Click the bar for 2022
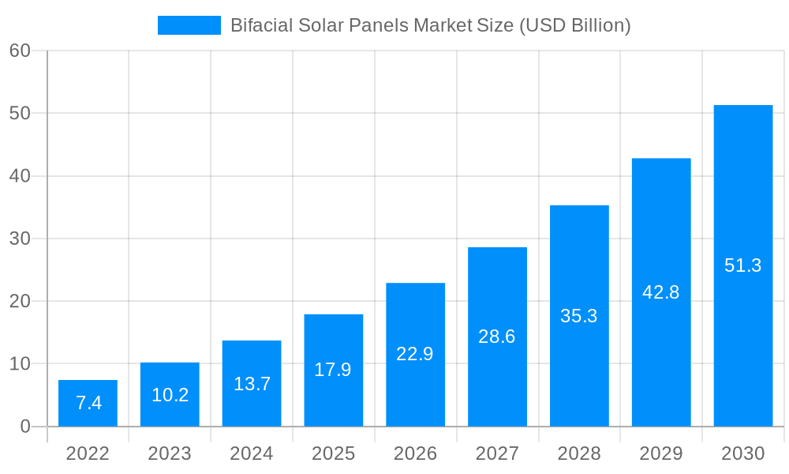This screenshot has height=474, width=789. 88,403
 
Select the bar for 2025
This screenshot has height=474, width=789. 333,370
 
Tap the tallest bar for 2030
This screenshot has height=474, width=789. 742,265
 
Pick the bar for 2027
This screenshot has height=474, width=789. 497,337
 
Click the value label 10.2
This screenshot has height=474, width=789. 170,395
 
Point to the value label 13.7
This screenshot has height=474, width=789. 252,384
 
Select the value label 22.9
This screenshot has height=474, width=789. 415,354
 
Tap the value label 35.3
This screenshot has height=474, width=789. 578,316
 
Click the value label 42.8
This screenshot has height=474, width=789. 660,292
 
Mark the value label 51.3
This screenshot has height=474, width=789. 742,265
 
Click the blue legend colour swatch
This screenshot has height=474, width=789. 189,25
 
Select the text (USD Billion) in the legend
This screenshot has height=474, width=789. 574,25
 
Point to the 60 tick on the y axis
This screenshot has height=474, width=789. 20,51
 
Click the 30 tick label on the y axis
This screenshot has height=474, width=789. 20,239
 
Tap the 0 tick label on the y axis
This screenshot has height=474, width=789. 24,427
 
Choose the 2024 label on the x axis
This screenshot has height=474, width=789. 252,453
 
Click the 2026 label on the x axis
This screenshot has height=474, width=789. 415,453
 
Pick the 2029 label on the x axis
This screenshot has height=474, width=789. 660,453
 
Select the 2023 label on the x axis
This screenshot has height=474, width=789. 170,453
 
